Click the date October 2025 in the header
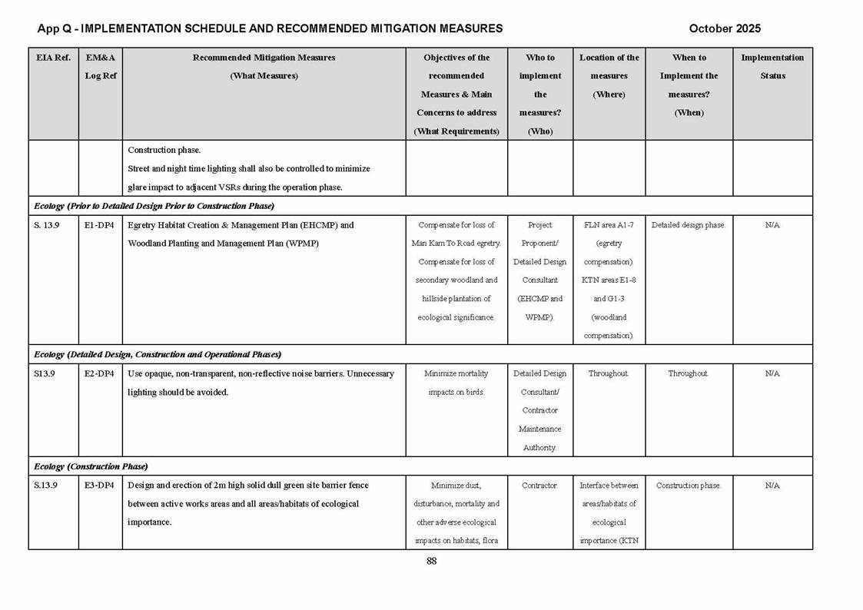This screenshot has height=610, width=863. pos(725,28)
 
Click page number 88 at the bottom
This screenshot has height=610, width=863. pos(431,561)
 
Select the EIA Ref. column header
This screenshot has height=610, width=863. pos(53,58)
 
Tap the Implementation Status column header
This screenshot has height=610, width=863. pos(772,66)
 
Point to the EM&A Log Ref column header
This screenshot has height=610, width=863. pos(101,66)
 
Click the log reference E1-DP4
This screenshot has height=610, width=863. pos(100,225)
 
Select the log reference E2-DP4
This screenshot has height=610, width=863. pos(100,373)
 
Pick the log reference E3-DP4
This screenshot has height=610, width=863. pos(100,486)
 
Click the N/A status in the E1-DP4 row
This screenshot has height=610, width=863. pos(772,225)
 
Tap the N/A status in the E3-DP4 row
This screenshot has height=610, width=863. pos(772,486)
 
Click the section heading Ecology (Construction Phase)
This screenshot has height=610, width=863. pos(91,466)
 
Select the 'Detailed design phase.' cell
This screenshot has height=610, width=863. pos(689,225)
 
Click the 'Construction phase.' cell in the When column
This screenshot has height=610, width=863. pos(689,486)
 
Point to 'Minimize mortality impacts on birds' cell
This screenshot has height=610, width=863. pos(456,383)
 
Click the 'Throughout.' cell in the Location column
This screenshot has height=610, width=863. pos(609,373)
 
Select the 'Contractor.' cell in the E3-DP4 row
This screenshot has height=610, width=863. pos(540,486)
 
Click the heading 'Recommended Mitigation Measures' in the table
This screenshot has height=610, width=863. pos(264,58)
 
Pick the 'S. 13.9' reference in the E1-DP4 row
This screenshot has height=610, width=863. pos(47,225)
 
